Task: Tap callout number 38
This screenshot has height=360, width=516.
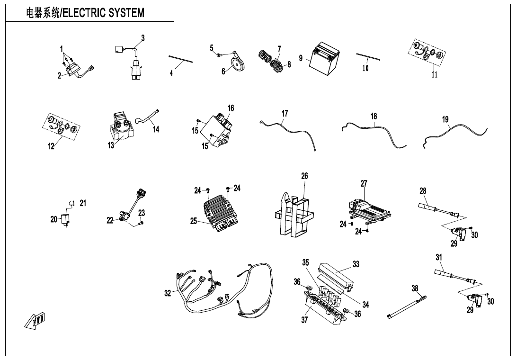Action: click(x=415, y=288)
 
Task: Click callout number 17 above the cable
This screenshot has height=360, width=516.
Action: click(x=285, y=114)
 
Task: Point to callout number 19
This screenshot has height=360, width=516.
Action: click(x=445, y=119)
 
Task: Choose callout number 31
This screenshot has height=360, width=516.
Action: click(x=439, y=257)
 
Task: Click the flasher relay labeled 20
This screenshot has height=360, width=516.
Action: click(x=66, y=220)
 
